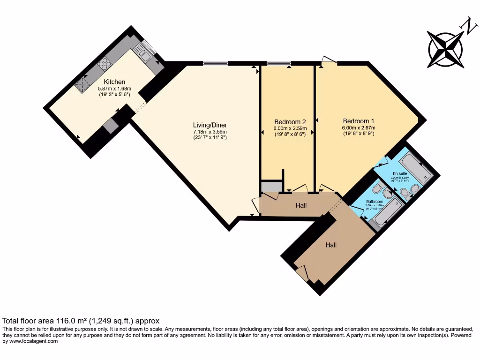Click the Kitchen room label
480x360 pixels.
point(114,82)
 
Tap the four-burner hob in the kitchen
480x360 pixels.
point(104,63)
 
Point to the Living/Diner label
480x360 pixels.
point(210,125)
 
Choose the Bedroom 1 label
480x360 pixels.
point(358,120)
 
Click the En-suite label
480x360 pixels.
point(400,173)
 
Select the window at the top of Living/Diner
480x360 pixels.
point(216,63)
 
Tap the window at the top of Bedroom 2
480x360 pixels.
point(278,63)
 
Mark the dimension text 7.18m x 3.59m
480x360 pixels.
point(210,132)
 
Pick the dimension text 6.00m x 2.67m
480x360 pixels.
point(358,127)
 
